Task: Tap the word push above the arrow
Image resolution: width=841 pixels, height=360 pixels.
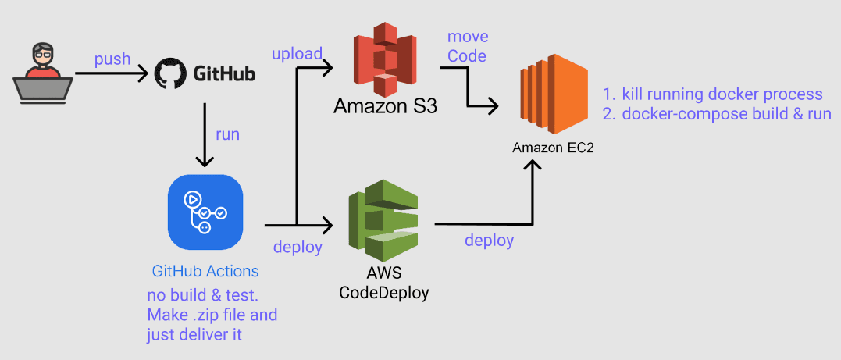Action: [112, 60]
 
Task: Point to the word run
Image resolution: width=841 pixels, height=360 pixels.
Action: [227, 134]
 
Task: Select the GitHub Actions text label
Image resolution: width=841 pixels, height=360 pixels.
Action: [205, 272]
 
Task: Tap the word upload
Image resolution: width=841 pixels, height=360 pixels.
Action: [297, 54]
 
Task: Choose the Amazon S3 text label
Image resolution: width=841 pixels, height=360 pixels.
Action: [385, 105]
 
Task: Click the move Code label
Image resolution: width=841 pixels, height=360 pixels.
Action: [468, 46]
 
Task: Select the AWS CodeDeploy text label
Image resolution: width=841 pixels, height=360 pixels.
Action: [383, 284]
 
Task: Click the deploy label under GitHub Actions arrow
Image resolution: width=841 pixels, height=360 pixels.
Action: [298, 248]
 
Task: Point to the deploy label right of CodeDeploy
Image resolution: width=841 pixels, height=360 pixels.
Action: [489, 241]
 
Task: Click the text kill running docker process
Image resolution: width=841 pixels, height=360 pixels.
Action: [722, 94]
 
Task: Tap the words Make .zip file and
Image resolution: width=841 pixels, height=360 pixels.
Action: [212, 315]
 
